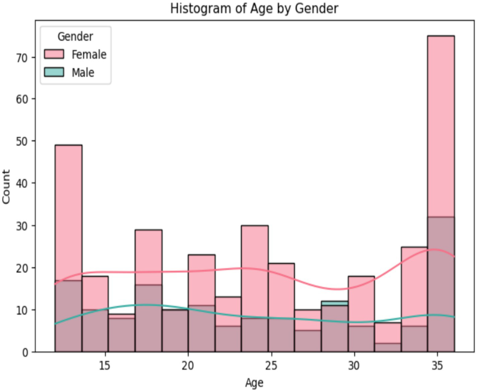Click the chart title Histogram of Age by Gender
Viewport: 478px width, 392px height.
tap(254, 8)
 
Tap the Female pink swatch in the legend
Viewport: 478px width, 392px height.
tap(54, 54)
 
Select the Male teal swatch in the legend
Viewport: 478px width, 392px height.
tap(54, 72)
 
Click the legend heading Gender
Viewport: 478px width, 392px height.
tap(75, 36)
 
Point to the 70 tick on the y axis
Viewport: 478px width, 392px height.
tap(21, 58)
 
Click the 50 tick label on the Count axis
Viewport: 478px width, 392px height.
tap(21, 141)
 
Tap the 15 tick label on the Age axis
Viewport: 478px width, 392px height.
tap(105, 366)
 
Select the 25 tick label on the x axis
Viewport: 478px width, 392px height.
tap(271, 366)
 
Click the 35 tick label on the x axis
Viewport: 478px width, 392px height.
tap(437, 366)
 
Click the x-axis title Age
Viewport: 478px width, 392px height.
tap(254, 383)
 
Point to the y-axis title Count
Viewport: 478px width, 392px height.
tap(6, 186)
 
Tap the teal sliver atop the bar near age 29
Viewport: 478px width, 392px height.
tap(334, 303)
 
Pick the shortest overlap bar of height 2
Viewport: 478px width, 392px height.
tap(387, 347)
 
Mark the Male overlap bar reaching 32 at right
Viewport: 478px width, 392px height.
tap(441, 284)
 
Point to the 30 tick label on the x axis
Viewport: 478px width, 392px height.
tap(354, 366)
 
